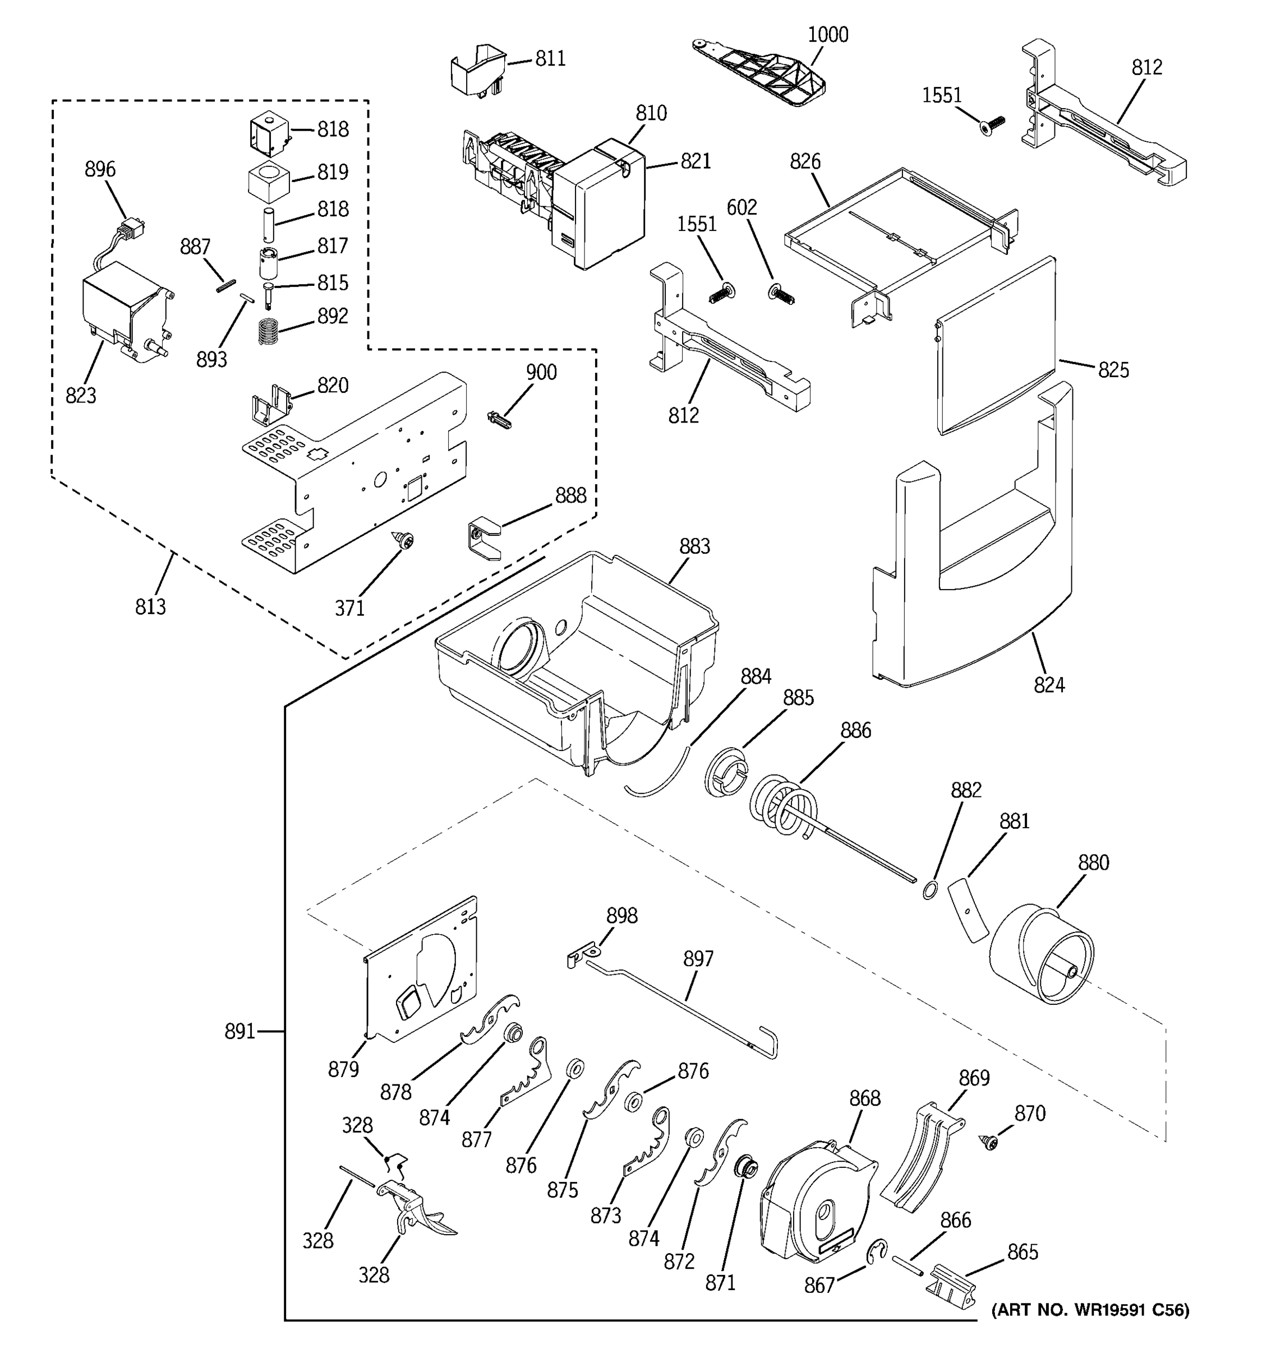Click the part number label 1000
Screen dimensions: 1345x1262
[x=827, y=35]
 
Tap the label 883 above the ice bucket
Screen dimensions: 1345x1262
[x=694, y=546]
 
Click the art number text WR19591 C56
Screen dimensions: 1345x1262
[x=1089, y=1310]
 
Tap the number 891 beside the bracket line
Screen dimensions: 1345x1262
[x=239, y=1031]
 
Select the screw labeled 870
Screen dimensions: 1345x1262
[x=990, y=1143]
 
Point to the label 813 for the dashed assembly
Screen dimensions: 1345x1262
[x=150, y=606]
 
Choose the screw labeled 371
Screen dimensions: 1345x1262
[x=406, y=540]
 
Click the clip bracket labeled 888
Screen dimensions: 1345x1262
[x=484, y=538]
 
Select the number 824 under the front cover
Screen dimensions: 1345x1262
[x=1049, y=685]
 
